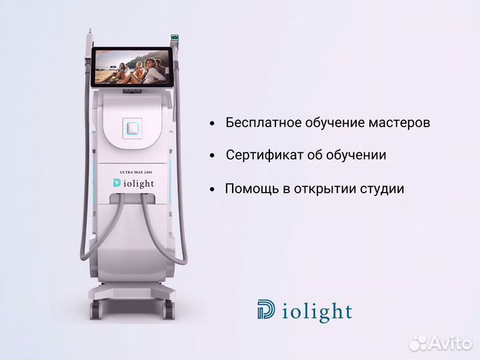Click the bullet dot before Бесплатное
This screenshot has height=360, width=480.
pyautogui.click(x=212, y=124)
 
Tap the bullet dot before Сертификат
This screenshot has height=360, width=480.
pyautogui.click(x=212, y=156)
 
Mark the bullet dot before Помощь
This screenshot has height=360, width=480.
pyautogui.click(x=212, y=189)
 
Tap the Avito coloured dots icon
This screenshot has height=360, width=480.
pyautogui.click(x=419, y=342)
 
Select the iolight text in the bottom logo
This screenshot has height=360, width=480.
pyautogui.click(x=316, y=311)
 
